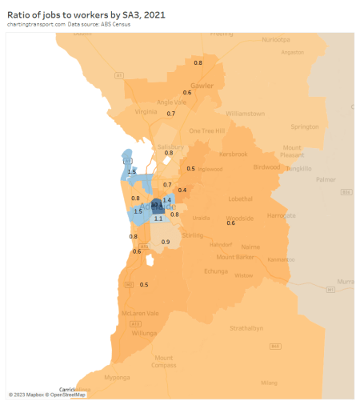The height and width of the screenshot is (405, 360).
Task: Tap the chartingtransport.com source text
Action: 36,25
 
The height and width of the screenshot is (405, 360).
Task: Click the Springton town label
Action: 304,126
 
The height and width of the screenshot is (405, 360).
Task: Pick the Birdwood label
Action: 267,167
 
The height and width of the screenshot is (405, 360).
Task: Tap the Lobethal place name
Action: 240,198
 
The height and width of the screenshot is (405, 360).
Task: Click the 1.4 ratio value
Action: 167,199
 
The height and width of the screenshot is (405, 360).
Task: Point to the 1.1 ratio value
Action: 158,219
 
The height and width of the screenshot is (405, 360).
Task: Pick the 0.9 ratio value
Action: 166,242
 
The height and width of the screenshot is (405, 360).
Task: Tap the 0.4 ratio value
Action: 182,190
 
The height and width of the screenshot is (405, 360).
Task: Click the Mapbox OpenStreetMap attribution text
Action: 47,395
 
